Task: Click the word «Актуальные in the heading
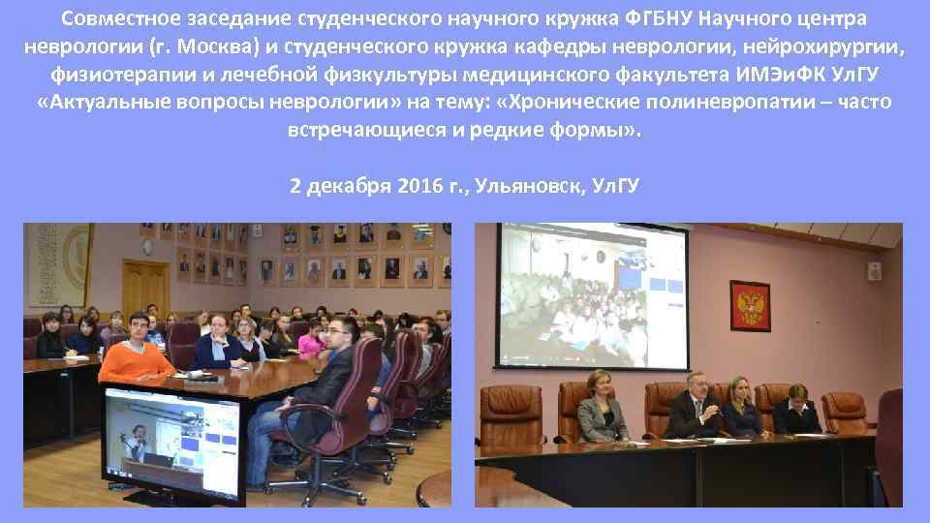(114, 103)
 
